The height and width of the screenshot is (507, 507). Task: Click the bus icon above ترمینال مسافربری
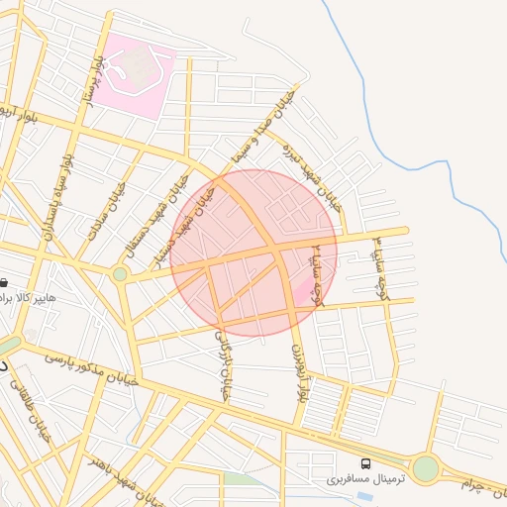(366, 463)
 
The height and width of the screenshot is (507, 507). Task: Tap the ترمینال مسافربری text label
(366, 479)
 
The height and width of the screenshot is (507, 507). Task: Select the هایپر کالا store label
(34, 297)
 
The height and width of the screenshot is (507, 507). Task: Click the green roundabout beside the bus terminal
(426, 467)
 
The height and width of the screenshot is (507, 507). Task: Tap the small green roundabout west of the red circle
(120, 273)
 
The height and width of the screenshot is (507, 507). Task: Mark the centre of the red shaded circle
(253, 253)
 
